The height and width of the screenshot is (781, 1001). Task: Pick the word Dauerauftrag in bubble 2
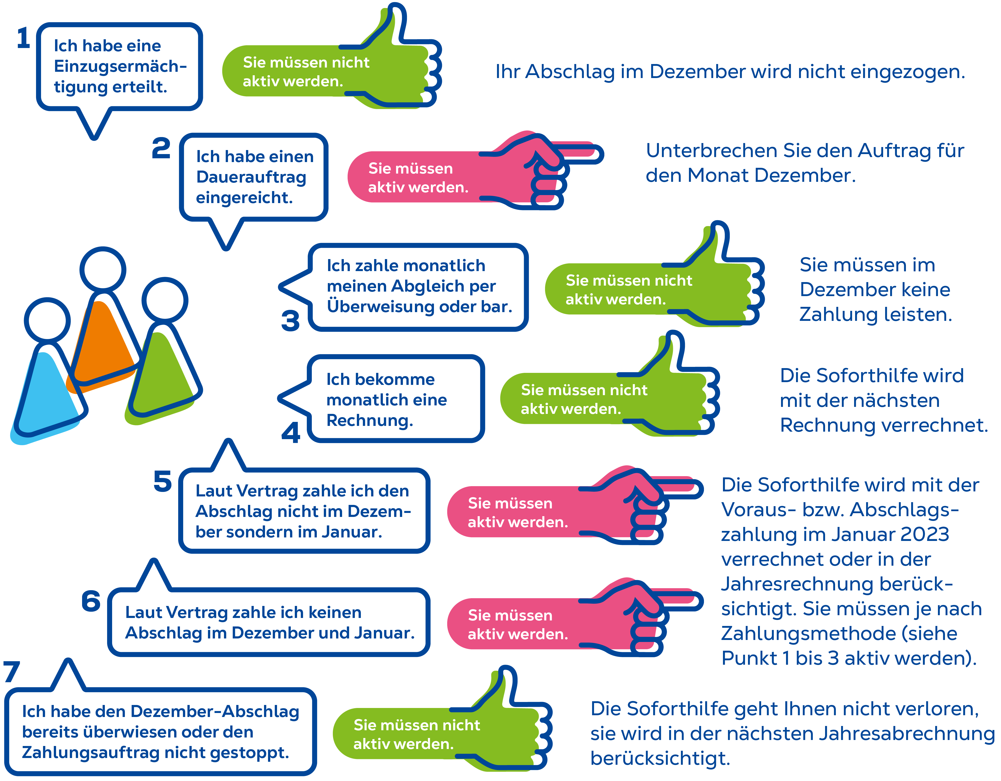[x=251, y=177]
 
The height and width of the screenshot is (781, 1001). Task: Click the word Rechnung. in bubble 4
[x=369, y=420]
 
